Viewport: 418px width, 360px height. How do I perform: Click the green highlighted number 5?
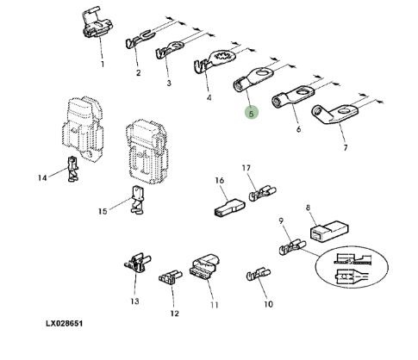(x=252, y=114)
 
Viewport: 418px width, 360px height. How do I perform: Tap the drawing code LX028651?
(x=65, y=323)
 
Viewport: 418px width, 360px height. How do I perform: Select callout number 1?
(x=103, y=65)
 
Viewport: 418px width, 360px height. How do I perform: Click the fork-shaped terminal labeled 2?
(x=140, y=39)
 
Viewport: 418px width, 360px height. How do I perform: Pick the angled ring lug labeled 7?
(x=334, y=114)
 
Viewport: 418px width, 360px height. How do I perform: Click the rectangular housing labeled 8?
(x=329, y=232)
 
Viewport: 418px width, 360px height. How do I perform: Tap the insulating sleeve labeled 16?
(x=230, y=208)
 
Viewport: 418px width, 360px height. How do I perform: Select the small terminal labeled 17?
(x=262, y=193)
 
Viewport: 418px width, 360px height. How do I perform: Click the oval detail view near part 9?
(x=352, y=268)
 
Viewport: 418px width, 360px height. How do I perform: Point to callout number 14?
(x=42, y=178)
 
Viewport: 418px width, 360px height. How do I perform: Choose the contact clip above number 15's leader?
(x=136, y=199)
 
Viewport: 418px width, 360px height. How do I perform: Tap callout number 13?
(x=134, y=301)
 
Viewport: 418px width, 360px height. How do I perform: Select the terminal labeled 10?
(x=259, y=275)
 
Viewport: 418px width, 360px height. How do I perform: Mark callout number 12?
(x=174, y=313)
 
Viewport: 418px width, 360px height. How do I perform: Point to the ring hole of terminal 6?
(x=303, y=92)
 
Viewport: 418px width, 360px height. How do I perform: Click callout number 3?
(x=169, y=83)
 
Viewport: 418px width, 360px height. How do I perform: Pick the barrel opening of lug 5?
(x=238, y=86)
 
